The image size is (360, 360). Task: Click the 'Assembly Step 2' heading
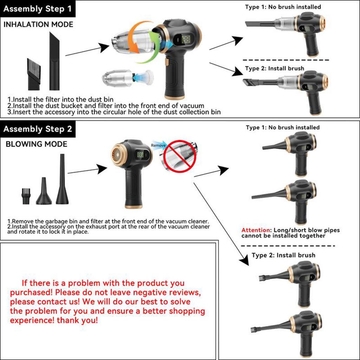pyautogui.click(x=38, y=129)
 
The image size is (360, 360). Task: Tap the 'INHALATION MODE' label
pyautogui.click(x=38, y=25)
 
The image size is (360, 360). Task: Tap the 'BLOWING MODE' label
pyautogui.click(x=37, y=144)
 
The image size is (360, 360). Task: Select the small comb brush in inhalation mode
pyautogui.click(x=34, y=74)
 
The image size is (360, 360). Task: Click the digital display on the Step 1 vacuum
pyautogui.click(x=186, y=39)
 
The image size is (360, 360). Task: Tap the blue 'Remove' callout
pyautogui.click(x=158, y=145)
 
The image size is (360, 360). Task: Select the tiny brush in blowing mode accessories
pyautogui.click(x=25, y=196)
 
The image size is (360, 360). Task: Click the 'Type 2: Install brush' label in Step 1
pyautogui.click(x=275, y=69)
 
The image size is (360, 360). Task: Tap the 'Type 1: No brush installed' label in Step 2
pyautogui.click(x=283, y=127)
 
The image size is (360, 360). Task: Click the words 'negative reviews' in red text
pyautogui.click(x=160, y=292)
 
